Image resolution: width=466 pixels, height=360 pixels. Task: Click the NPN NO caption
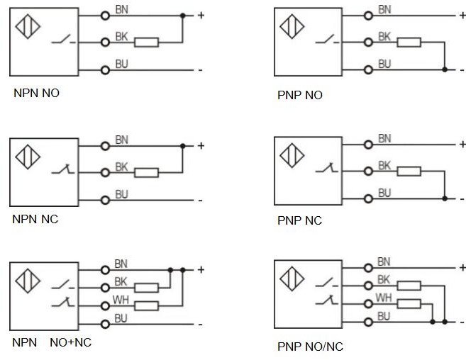(x=36, y=93)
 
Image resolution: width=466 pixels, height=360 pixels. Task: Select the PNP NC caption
(x=299, y=220)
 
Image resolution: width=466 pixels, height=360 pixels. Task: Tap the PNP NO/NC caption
(x=310, y=347)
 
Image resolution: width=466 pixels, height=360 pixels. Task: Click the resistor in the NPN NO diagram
(x=146, y=43)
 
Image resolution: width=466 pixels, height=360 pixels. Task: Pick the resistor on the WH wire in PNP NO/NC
(x=409, y=304)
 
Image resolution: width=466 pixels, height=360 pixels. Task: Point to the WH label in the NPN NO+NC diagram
(x=121, y=300)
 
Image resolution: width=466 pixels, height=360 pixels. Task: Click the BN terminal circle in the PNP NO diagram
(x=368, y=16)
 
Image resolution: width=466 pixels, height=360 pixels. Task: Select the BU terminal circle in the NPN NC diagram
(x=105, y=201)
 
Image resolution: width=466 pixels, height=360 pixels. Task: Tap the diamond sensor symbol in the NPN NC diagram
(x=28, y=157)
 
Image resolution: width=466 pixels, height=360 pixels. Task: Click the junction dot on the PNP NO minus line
(x=445, y=69)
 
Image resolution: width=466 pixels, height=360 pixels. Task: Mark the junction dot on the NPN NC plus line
(x=183, y=146)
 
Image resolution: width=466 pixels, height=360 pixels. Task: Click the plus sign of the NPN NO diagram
(x=201, y=15)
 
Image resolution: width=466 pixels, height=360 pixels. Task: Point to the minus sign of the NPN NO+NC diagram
(x=200, y=325)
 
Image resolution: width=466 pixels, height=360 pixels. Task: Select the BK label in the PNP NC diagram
(x=384, y=165)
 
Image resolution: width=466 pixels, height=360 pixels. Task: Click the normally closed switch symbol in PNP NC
(x=326, y=168)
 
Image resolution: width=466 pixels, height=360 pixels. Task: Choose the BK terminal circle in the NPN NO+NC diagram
(x=105, y=288)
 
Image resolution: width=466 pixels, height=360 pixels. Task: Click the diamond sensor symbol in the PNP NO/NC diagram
(x=292, y=279)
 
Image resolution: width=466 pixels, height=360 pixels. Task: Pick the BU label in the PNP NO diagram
(x=384, y=64)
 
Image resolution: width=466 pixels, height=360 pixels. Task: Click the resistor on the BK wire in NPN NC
(x=146, y=173)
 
